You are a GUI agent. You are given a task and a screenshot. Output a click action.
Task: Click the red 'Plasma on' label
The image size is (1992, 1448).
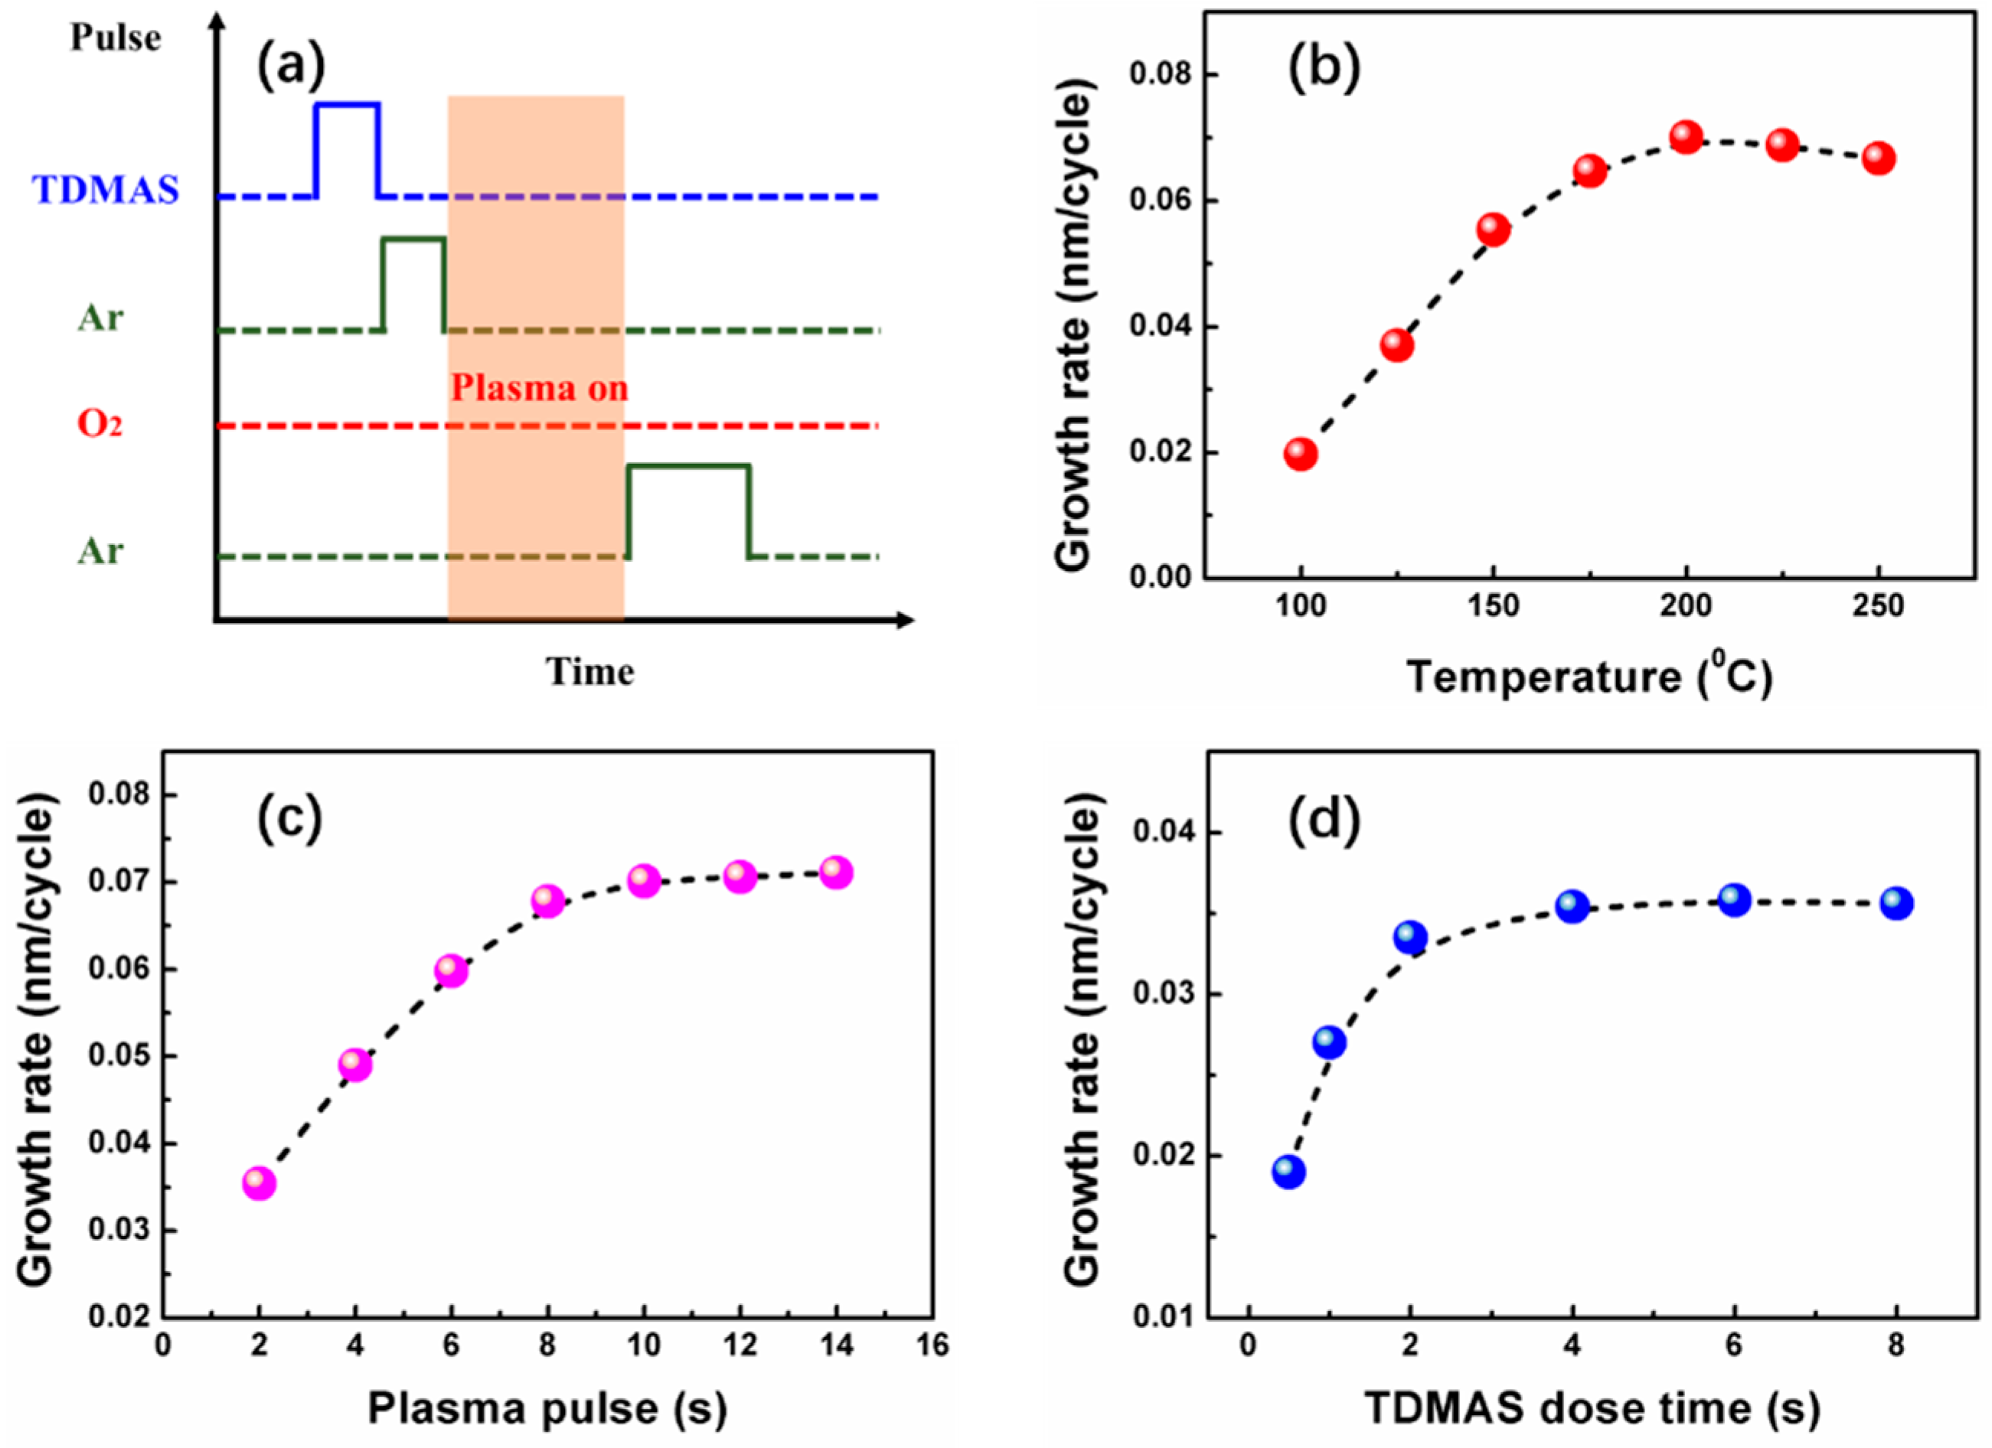539,388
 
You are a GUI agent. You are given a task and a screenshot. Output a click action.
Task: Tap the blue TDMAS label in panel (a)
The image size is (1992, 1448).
106,190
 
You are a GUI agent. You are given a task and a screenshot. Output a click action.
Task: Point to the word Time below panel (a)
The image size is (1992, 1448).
589,672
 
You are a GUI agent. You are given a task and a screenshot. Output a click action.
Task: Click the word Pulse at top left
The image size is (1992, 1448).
115,38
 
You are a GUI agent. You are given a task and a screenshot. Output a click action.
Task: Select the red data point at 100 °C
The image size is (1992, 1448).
1301,454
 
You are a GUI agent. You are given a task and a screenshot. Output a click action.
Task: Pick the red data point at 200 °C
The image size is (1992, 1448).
1687,137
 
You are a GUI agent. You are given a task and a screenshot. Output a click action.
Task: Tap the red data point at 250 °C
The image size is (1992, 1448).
1878,159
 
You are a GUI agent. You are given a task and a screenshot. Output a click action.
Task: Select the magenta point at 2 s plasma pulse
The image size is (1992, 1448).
258,1182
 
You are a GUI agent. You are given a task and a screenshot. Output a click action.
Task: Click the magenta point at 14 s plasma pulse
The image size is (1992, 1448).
836,872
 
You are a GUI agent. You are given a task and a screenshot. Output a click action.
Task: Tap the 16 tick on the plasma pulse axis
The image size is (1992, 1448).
932,1345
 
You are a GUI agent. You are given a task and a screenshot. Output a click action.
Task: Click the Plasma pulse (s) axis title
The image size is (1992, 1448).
547,1408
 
